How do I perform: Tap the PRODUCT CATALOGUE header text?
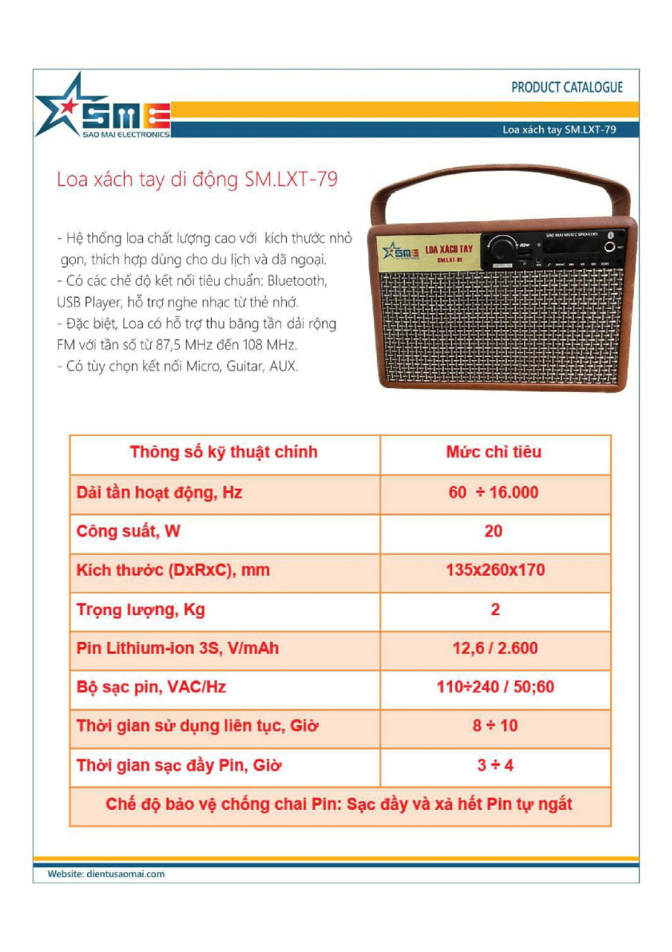pyautogui.click(x=566, y=87)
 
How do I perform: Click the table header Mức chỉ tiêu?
pyautogui.click(x=494, y=452)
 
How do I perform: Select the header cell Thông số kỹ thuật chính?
pyautogui.click(x=224, y=452)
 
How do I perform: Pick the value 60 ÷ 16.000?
pyautogui.click(x=494, y=492)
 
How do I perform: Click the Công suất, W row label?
pyautogui.click(x=129, y=532)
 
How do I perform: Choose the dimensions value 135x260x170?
pyautogui.click(x=495, y=570)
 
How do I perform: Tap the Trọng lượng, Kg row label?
pyautogui.click(x=140, y=610)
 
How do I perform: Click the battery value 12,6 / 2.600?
pyautogui.click(x=495, y=649)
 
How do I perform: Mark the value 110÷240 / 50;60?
pyautogui.click(x=495, y=686)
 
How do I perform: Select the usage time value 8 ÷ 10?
pyautogui.click(x=495, y=725)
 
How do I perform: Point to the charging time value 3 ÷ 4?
pyautogui.click(x=495, y=765)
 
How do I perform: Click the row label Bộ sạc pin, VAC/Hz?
pyautogui.click(x=151, y=687)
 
